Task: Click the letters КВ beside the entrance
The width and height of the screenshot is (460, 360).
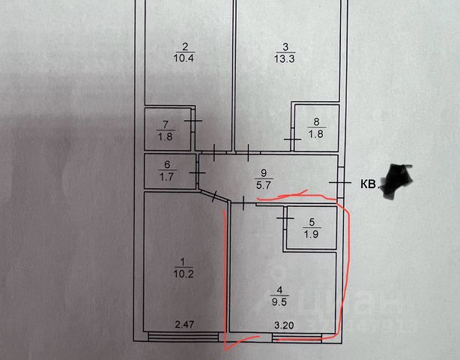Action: click(x=369, y=183)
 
